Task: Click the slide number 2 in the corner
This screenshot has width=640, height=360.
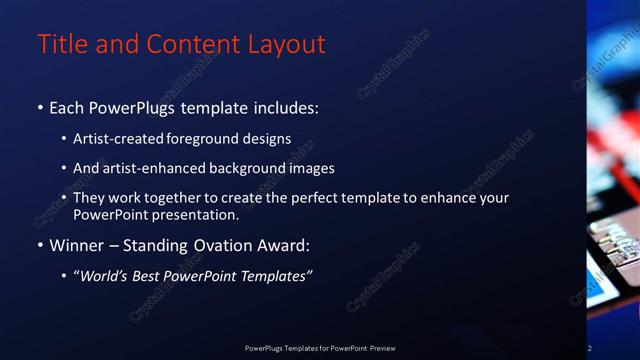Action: click(589, 348)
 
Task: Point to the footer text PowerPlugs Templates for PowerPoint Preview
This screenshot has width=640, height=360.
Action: click(320, 348)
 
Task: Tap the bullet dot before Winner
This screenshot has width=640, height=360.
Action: click(40, 245)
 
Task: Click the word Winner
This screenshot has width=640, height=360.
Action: click(76, 245)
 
